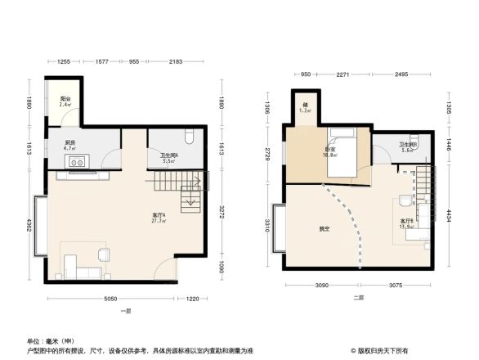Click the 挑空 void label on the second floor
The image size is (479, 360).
325,228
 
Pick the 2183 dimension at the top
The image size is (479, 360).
175,62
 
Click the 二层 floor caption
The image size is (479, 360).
357,298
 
